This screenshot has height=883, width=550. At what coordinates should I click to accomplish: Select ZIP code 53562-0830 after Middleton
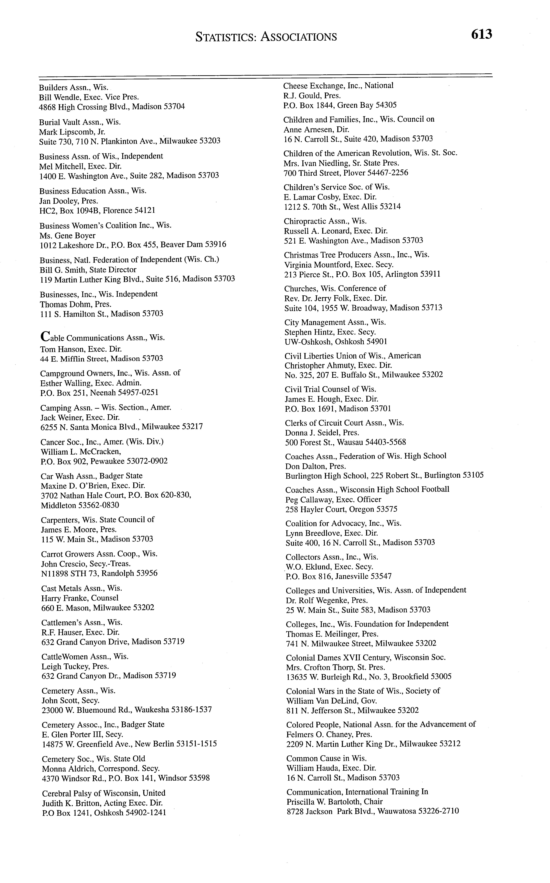(98, 505)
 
